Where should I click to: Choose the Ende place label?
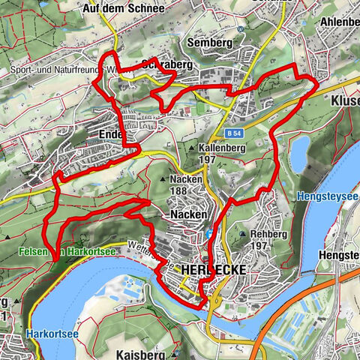[110, 133]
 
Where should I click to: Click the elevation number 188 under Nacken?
[178, 190]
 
